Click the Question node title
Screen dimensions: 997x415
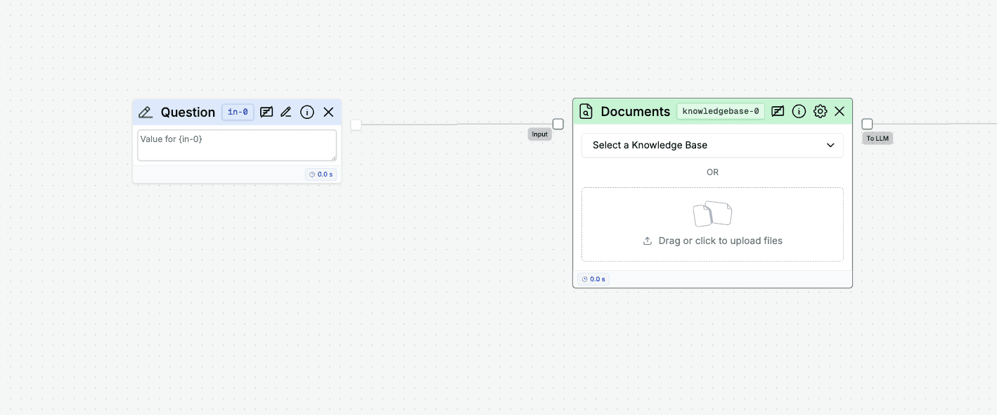pyautogui.click(x=188, y=112)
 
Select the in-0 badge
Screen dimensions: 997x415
pyautogui.click(x=238, y=112)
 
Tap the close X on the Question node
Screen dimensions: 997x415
pyautogui.click(x=328, y=112)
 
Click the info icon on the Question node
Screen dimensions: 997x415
pyautogui.click(x=307, y=112)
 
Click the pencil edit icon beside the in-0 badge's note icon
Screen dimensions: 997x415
pyautogui.click(x=286, y=112)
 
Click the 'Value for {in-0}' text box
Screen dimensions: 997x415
pyautogui.click(x=237, y=145)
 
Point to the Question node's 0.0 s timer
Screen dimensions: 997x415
pyautogui.click(x=321, y=174)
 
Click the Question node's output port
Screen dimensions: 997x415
pyautogui.click(x=356, y=124)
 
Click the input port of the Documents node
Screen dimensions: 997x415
pyautogui.click(x=558, y=124)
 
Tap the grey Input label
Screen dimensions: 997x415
pyautogui.click(x=539, y=134)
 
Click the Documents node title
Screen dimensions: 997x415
pyautogui.click(x=636, y=111)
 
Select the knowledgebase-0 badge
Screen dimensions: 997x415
pyautogui.click(x=721, y=111)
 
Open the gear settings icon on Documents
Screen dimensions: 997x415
pyautogui.click(x=820, y=111)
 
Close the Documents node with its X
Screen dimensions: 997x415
pyautogui.click(x=840, y=111)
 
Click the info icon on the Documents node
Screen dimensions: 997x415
pyautogui.click(x=799, y=111)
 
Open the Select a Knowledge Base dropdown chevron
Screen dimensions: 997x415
pyautogui.click(x=830, y=145)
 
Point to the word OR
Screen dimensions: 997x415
pyautogui.click(x=712, y=172)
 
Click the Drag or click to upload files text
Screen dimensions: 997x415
pyautogui.click(x=720, y=241)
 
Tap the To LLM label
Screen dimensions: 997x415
pyautogui.click(x=877, y=139)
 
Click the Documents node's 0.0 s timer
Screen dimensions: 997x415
pyautogui.click(x=593, y=279)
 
